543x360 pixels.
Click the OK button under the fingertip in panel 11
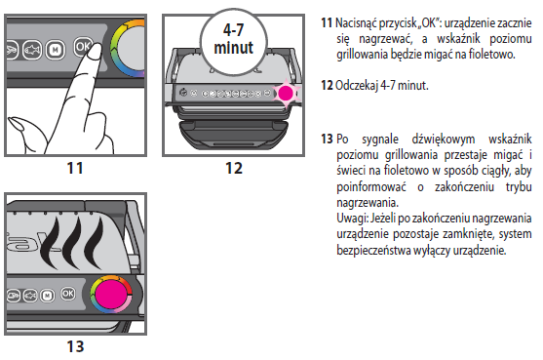pos(83,47)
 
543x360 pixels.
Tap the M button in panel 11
pos(55,50)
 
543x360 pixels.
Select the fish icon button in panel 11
pos(32,50)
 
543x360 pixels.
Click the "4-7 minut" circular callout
pos(234,42)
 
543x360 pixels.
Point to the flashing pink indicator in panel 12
pos(286,93)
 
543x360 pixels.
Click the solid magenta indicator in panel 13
pos(111,294)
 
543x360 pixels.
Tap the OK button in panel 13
pos(68,294)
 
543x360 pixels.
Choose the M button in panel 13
pos(48,296)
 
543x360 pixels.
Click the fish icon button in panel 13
pos(30,296)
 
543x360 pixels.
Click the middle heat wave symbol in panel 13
pos(74,243)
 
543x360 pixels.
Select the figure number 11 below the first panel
pos(75,168)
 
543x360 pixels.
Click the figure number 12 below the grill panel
pos(234,168)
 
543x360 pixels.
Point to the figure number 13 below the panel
pos(75,346)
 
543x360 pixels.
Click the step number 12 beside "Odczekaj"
pos(327,85)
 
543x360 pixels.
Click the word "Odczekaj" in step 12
pos(357,86)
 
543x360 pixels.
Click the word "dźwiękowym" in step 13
pos(444,140)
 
